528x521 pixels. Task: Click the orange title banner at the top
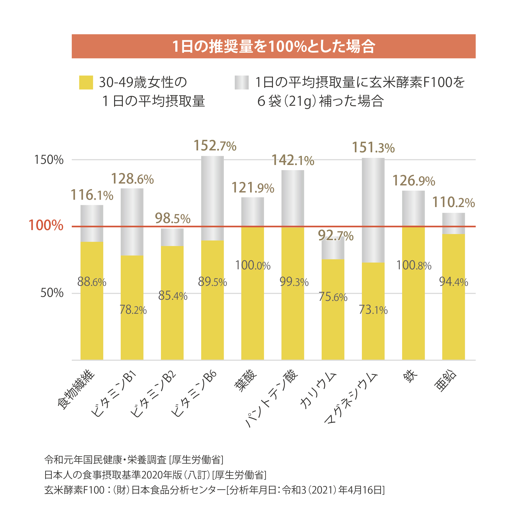point(273,46)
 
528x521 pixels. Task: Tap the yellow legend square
point(86,82)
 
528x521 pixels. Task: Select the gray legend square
point(242,82)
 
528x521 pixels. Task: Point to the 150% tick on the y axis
point(49,160)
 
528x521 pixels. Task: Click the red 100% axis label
point(46,225)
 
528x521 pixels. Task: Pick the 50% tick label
point(52,293)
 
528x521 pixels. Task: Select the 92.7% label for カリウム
point(336,235)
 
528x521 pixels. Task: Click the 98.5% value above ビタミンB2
point(172,218)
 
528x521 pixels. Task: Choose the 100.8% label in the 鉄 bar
point(413,265)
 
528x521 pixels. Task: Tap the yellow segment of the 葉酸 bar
point(252,314)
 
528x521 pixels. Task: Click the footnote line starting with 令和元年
point(134,460)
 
